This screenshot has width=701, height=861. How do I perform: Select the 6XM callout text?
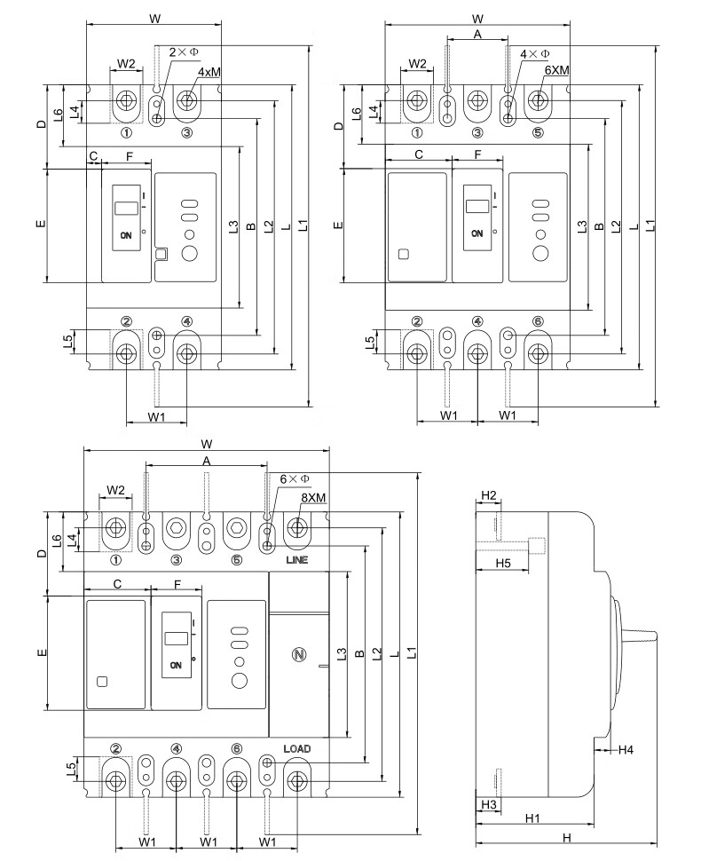556,69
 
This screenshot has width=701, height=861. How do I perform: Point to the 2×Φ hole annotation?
184,53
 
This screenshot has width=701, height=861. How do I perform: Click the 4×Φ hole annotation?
534,54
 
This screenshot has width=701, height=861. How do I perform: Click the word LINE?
296,561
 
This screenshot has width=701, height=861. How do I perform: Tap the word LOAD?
296,749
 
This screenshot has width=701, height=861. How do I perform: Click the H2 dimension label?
487,494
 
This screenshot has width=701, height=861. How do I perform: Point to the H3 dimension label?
487,804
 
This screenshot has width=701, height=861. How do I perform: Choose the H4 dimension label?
626,750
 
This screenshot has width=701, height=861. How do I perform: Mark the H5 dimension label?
502,564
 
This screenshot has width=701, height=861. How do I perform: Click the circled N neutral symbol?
298,655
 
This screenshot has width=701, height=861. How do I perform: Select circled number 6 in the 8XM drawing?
236,749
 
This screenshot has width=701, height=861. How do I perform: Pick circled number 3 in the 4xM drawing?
186,133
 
